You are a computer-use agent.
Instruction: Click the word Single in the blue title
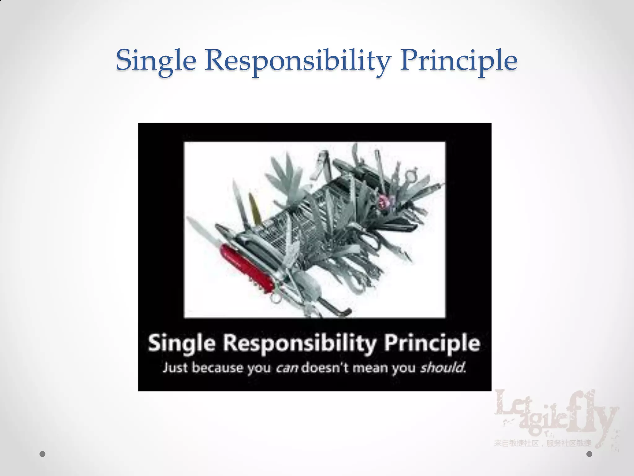coord(156,60)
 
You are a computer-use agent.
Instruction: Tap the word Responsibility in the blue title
coord(297,60)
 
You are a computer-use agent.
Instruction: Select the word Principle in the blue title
coord(458,60)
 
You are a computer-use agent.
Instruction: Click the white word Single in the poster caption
coord(181,344)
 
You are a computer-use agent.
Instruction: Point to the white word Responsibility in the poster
coord(300,344)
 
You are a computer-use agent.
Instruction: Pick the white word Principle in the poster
coord(432,344)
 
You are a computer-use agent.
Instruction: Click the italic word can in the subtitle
coord(287,368)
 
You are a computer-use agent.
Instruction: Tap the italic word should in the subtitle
coord(443,368)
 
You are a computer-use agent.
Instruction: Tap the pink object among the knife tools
coord(384,202)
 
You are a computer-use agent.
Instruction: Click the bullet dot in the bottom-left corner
coord(43,454)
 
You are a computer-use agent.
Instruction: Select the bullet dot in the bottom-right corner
coord(589,454)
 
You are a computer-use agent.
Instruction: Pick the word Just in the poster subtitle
coord(175,368)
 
